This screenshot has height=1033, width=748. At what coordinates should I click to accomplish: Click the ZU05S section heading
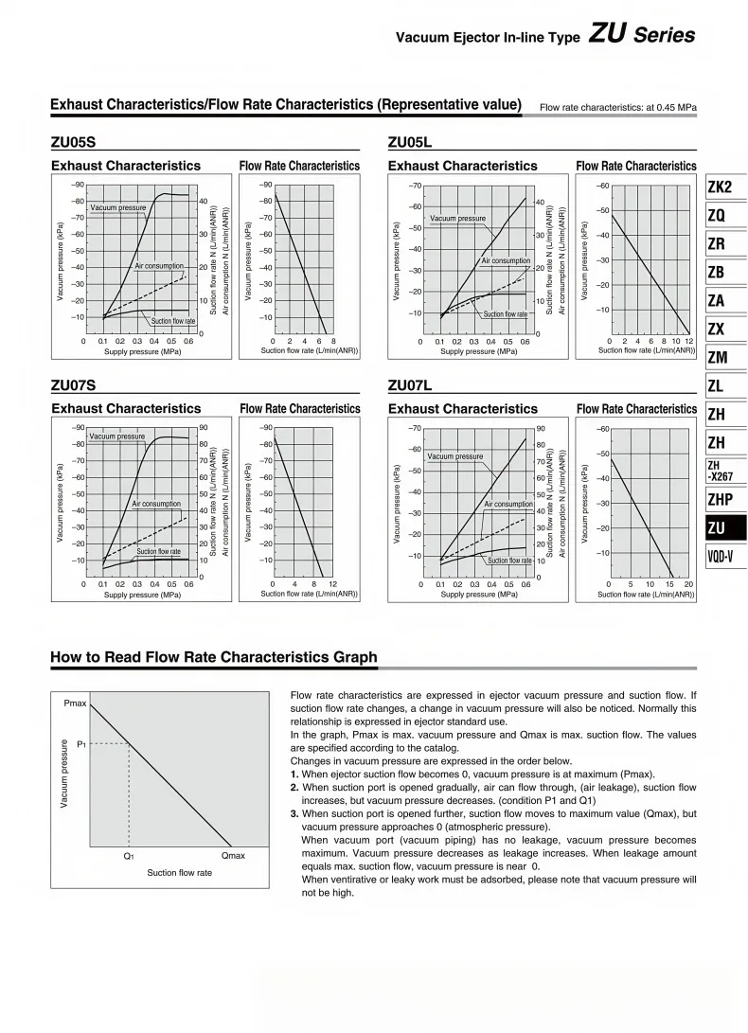pyautogui.click(x=73, y=143)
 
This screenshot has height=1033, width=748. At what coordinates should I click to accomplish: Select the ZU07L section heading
pyautogui.click(x=410, y=386)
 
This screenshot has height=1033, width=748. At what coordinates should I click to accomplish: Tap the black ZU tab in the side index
pyautogui.click(x=717, y=527)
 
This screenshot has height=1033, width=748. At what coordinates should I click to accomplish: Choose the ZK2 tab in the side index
pyautogui.click(x=721, y=187)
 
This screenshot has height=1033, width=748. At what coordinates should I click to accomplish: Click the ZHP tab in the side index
pyautogui.click(x=721, y=499)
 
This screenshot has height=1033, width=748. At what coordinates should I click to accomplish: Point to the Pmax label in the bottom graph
pyautogui.click(x=76, y=704)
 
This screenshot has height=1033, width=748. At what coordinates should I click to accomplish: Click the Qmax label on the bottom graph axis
pyautogui.click(x=233, y=856)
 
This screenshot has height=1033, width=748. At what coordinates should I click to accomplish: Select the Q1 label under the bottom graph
pyautogui.click(x=129, y=856)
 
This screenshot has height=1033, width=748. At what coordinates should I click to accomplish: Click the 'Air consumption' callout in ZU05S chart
pyautogui.click(x=158, y=266)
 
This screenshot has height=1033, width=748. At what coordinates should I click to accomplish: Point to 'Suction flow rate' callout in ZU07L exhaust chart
pyautogui.click(x=509, y=561)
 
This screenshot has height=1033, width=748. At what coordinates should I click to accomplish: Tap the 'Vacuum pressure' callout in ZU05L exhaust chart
pyautogui.click(x=457, y=219)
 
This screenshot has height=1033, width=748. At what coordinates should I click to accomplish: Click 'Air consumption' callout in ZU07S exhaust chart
pyautogui.click(x=156, y=504)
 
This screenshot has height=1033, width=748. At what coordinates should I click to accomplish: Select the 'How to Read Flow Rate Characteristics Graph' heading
pyautogui.click(x=213, y=657)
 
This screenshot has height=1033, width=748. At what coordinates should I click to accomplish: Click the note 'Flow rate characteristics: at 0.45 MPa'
pyautogui.click(x=617, y=107)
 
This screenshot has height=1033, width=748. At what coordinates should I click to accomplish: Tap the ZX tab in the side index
pyautogui.click(x=717, y=329)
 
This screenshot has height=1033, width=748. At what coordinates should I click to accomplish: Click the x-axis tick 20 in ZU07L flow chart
pyautogui.click(x=688, y=584)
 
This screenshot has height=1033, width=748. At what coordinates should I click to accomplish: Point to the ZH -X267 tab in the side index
pyautogui.click(x=721, y=470)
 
